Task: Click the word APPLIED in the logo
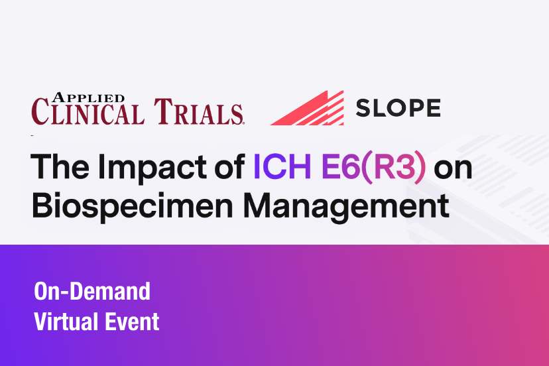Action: click(89, 97)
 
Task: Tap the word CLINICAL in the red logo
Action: click(88, 111)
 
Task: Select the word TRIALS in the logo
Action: click(198, 111)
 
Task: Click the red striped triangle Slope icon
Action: click(307, 108)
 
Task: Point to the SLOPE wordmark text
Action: click(398, 108)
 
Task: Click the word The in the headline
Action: click(60, 166)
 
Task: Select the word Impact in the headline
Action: click(152, 169)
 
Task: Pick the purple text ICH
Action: click(282, 166)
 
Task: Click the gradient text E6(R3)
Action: click(373, 168)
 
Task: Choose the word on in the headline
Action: click(453, 170)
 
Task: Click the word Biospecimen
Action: click(133, 207)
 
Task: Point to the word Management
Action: click(346, 207)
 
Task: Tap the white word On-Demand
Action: click(92, 291)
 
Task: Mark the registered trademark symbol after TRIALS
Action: click(243, 123)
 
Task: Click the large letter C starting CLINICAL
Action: click(40, 111)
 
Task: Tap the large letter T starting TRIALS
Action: click(163, 111)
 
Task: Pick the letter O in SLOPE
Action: click(396, 108)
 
